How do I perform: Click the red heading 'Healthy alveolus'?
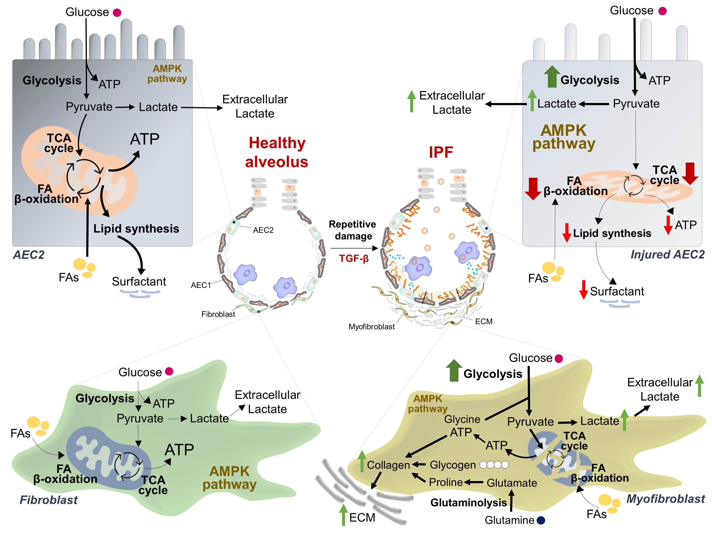click(x=277, y=152)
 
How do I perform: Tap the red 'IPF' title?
click(x=441, y=152)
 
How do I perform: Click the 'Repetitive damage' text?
click(x=352, y=230)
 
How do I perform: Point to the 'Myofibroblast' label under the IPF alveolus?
click(x=371, y=327)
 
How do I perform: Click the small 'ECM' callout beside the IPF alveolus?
click(x=483, y=322)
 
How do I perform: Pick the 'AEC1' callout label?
click(x=201, y=285)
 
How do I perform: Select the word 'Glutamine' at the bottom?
click(x=509, y=520)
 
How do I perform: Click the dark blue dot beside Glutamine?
click(x=541, y=520)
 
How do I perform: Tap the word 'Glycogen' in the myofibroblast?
click(x=453, y=465)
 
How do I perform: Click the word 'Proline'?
click(x=446, y=482)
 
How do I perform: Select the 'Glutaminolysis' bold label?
click(x=468, y=502)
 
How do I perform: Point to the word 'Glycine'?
click(x=462, y=419)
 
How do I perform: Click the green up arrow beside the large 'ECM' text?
click(x=343, y=515)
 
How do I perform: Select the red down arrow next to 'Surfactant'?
click(x=583, y=290)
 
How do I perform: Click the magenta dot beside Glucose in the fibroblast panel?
click(x=169, y=371)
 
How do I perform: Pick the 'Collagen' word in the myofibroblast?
click(x=388, y=465)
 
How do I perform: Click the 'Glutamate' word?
click(x=512, y=483)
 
